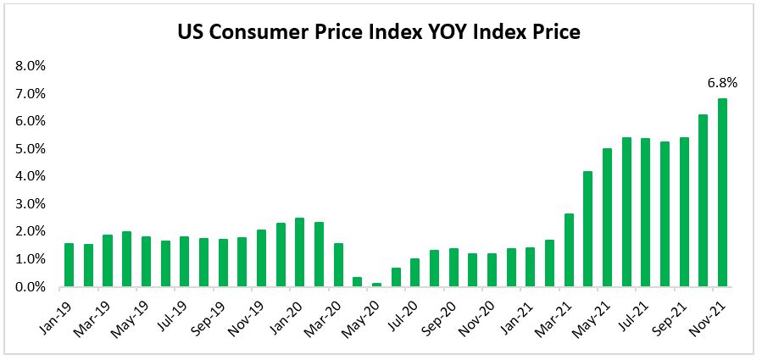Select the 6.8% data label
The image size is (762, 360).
722,83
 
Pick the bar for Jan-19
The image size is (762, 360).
70,265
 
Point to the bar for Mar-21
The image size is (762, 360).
569,250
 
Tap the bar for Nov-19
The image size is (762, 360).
261,258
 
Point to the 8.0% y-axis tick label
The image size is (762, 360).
30,66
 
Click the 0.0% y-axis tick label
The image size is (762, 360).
30,287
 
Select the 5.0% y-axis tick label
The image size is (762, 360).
30,149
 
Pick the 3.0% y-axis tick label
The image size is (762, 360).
30,204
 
